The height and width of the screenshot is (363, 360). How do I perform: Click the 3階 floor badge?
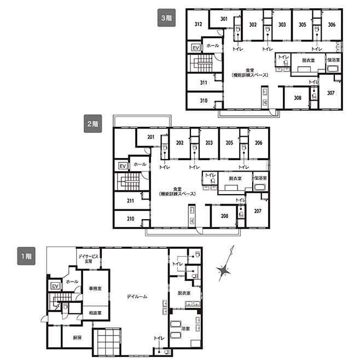(x=166, y=18)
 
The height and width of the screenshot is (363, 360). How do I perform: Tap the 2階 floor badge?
(x=92, y=124)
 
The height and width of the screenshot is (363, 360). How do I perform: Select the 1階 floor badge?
(x=26, y=256)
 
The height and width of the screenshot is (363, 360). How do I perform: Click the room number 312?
(x=198, y=24)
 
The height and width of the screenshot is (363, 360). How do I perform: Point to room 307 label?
(x=330, y=93)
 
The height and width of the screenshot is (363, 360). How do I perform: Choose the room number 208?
(x=224, y=216)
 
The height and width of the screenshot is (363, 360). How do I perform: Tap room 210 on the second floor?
(x=130, y=219)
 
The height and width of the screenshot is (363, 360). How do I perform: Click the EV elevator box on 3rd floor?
(x=195, y=48)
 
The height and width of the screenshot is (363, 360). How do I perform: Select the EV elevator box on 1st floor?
(x=55, y=286)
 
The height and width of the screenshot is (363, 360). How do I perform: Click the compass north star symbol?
(x=224, y=270)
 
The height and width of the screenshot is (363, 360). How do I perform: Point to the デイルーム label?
(x=137, y=296)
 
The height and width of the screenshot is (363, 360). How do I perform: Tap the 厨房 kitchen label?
(x=77, y=337)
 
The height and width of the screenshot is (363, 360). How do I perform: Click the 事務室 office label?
(x=95, y=289)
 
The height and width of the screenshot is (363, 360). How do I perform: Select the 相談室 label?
(x=95, y=313)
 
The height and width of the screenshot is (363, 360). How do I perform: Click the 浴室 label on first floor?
(x=185, y=328)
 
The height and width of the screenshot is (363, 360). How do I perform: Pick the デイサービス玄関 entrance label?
(x=88, y=259)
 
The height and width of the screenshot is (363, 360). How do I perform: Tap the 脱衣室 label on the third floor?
(x=309, y=61)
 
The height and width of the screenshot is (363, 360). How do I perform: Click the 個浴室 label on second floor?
(x=260, y=178)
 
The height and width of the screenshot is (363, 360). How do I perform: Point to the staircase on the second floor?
(x=129, y=181)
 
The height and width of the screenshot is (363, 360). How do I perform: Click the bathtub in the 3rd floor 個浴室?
(x=333, y=69)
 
